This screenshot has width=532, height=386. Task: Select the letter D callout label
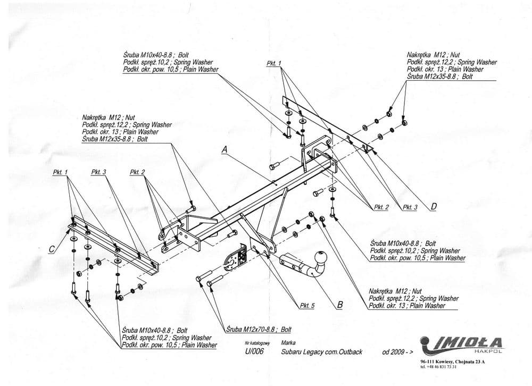434,207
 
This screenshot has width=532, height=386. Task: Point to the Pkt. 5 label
307,306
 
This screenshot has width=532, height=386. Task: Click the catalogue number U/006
254,352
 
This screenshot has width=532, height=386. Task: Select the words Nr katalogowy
254,343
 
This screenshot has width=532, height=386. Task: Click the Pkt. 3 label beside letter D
410,207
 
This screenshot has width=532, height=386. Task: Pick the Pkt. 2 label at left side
137,172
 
